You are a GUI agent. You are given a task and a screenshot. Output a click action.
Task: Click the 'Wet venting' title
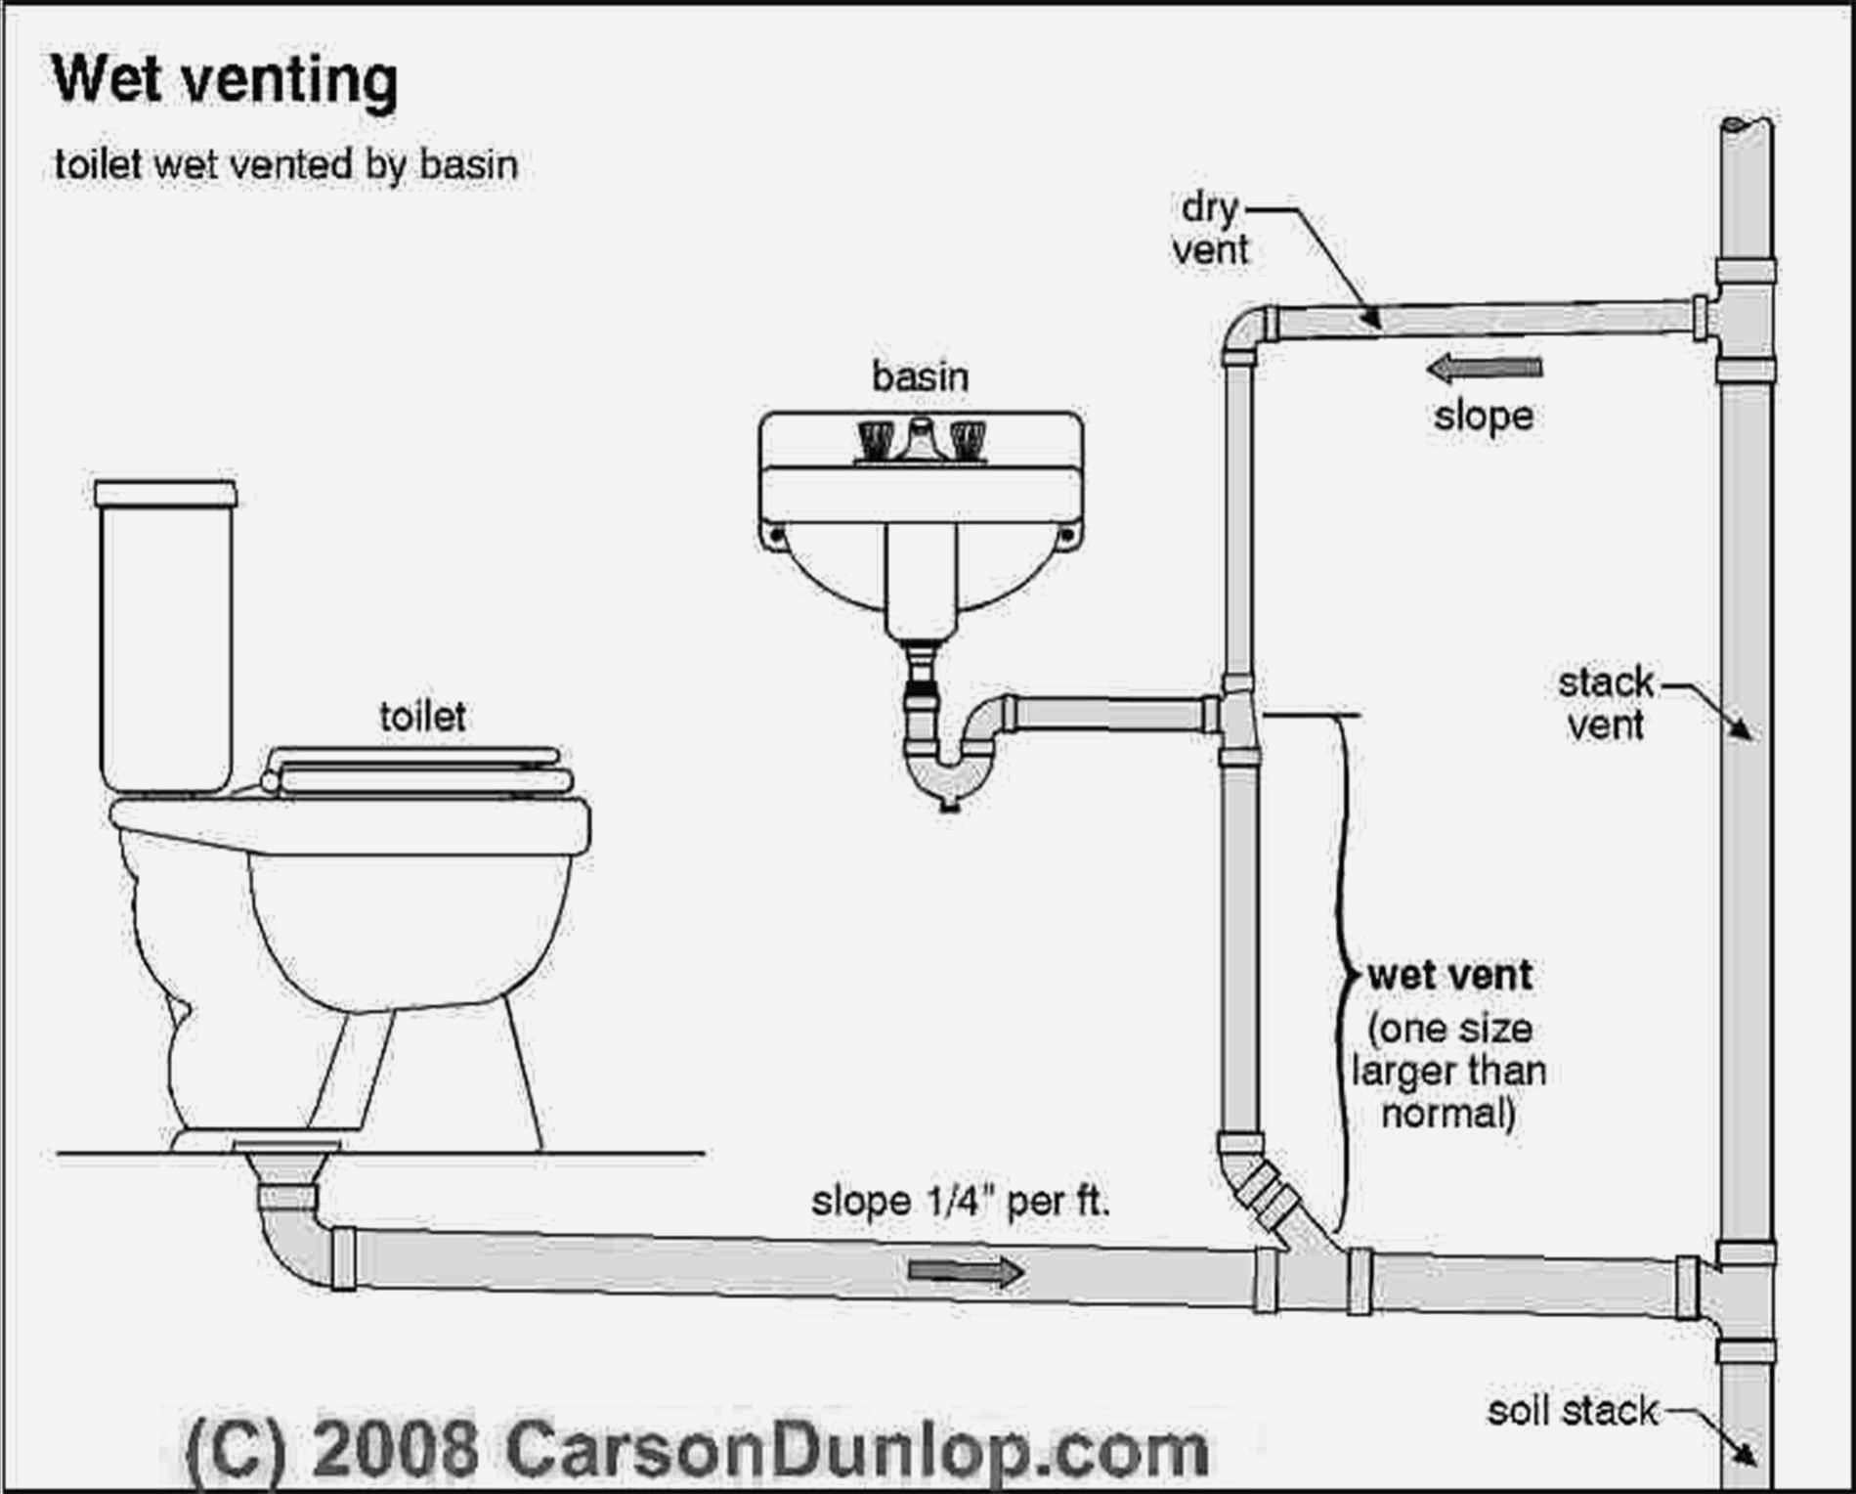[x=225, y=80]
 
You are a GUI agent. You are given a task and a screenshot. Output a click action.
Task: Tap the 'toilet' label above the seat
[x=421, y=718]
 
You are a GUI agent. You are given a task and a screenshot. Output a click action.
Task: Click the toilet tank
[x=166, y=636]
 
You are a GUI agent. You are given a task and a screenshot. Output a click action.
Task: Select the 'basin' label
[x=920, y=376]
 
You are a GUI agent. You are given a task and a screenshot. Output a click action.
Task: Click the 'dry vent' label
[x=1210, y=229]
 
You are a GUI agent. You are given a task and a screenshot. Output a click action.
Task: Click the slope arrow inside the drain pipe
[x=967, y=1271]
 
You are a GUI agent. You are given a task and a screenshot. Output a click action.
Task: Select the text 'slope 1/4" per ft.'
[x=961, y=1201]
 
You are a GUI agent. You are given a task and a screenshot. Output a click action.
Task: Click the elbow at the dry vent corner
[x=1244, y=332]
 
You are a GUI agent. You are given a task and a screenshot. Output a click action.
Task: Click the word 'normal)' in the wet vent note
[x=1448, y=1114]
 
